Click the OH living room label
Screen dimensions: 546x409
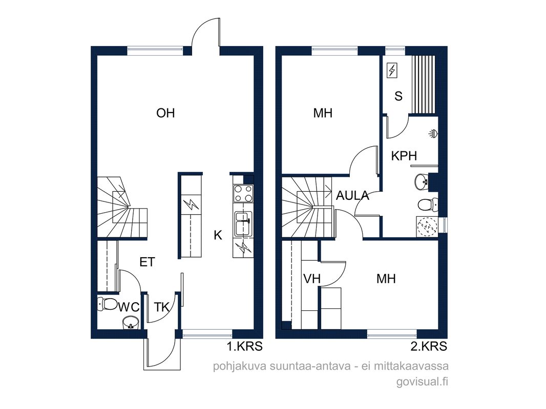point(165,113)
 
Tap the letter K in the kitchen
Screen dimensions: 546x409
point(218,235)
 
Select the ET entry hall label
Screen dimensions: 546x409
point(148,262)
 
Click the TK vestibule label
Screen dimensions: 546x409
point(161,307)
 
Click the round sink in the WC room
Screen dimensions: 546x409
point(131,323)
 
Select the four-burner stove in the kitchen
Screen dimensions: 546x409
point(243,193)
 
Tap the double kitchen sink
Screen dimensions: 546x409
point(243,224)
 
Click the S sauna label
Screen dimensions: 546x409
point(398,96)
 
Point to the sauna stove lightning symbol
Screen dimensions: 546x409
point(392,71)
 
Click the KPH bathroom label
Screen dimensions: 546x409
point(404,156)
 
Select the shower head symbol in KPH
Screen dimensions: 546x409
point(433,133)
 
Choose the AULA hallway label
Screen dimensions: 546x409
point(352,196)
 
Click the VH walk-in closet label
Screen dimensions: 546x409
point(311,278)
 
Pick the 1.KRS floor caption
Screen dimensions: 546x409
point(244,347)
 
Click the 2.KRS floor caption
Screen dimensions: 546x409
point(429,347)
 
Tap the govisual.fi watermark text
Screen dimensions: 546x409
point(422,381)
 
